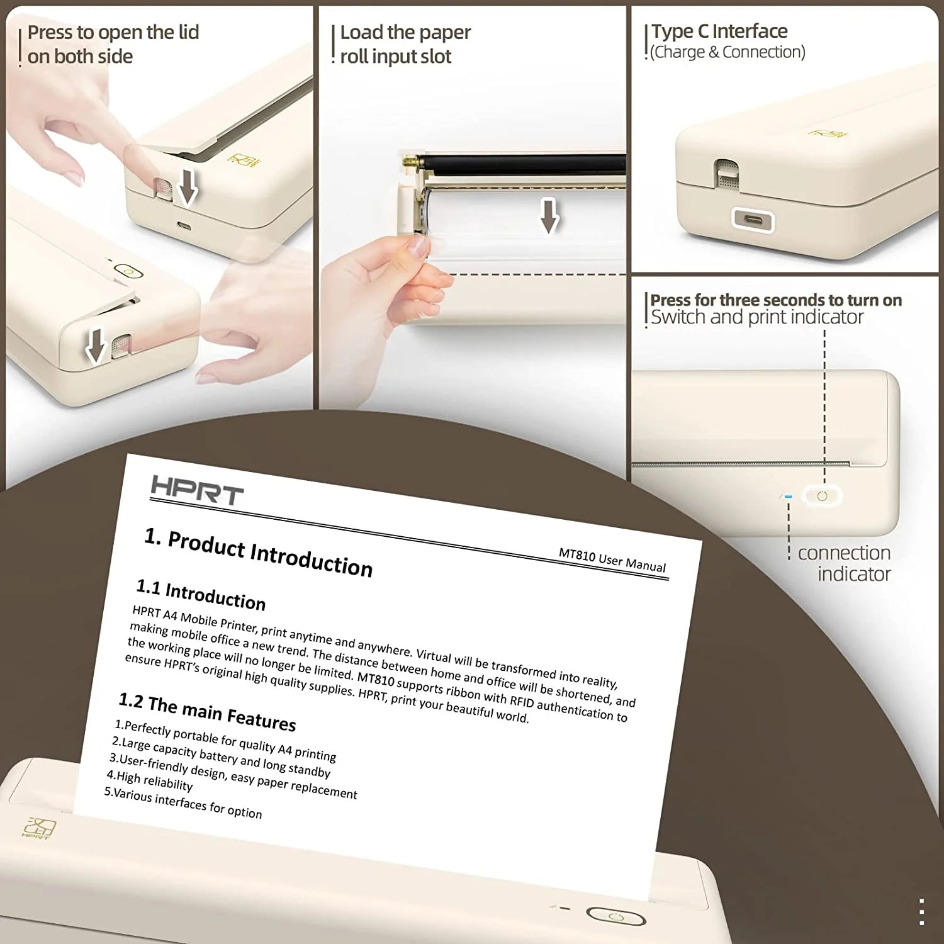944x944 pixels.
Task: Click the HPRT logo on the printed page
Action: pos(197,491)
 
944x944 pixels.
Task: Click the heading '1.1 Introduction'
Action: pos(201,595)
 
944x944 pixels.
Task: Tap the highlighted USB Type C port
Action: pos(753,220)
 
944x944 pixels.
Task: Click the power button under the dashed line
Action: pos(822,496)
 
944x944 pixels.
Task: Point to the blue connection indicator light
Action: pos(788,497)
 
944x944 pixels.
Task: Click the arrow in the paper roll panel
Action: pos(549,216)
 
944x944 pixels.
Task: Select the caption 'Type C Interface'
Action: pos(719,31)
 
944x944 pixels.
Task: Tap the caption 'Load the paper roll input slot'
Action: pos(405,44)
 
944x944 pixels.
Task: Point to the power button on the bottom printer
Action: pos(616,917)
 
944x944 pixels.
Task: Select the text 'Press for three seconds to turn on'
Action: pos(775,300)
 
